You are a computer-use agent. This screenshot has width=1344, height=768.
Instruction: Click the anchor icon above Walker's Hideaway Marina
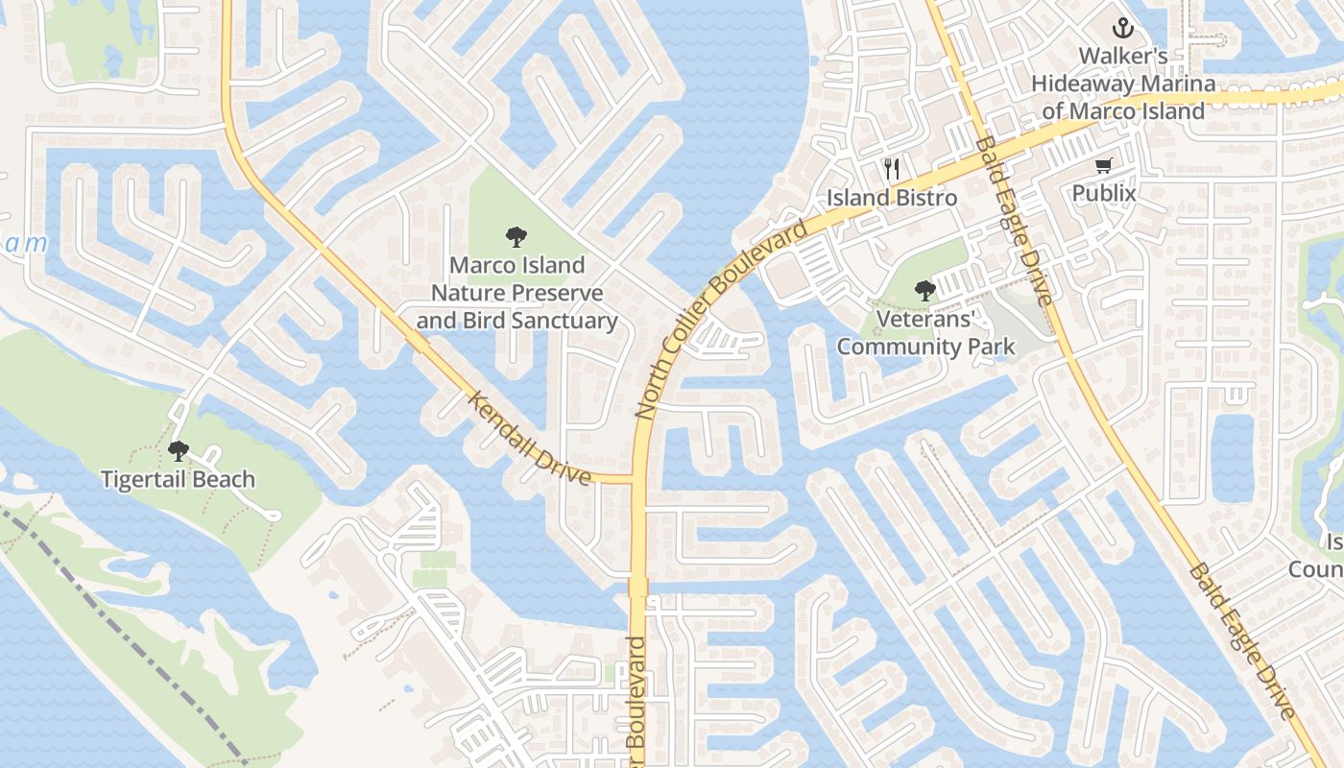1122,28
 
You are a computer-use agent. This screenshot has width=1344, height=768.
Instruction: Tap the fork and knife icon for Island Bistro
892,169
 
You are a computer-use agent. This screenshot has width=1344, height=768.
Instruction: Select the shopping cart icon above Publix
1103,166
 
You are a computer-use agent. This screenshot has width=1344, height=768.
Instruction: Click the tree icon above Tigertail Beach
178,450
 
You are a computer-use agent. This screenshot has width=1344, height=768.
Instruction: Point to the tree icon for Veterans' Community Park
925,290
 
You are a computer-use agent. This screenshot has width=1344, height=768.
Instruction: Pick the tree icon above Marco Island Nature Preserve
516,236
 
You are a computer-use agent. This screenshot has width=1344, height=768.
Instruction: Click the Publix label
1103,194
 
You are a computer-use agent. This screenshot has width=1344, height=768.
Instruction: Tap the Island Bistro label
892,198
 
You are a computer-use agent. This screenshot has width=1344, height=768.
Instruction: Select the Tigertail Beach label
178,479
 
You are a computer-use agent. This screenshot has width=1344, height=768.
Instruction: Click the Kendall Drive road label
529,437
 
